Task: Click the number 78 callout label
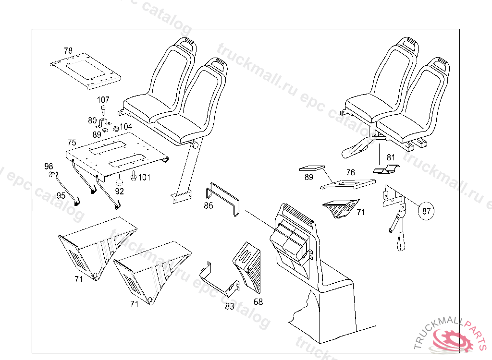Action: pyautogui.click(x=68, y=50)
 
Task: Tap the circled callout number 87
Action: pyautogui.click(x=427, y=210)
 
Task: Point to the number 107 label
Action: pyautogui.click(x=103, y=100)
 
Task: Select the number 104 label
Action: pyautogui.click(x=126, y=127)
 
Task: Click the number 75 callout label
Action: pyautogui.click(x=72, y=143)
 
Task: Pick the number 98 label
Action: pyautogui.click(x=49, y=166)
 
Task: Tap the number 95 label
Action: pyautogui.click(x=61, y=195)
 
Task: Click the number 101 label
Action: pyautogui.click(x=144, y=178)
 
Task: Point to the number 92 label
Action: pyautogui.click(x=120, y=191)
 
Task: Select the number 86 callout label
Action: pyautogui.click(x=208, y=206)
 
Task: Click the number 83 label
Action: pyautogui.click(x=229, y=306)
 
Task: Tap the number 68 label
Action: pyautogui.click(x=258, y=302)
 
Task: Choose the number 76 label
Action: pyautogui.click(x=350, y=172)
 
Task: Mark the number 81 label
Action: pyautogui.click(x=391, y=157)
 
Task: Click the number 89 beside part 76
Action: pyautogui.click(x=308, y=177)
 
